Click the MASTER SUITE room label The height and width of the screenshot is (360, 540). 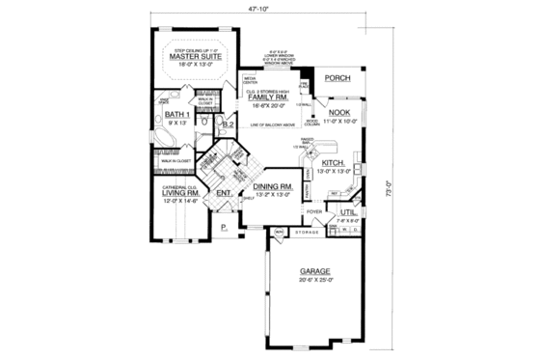(x=197, y=57)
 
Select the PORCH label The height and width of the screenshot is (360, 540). (x=337, y=78)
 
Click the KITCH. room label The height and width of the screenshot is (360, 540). (x=332, y=164)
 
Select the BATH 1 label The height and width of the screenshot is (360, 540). (x=176, y=116)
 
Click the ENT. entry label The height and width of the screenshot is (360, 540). (x=223, y=193)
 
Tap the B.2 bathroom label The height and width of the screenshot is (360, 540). (x=229, y=125)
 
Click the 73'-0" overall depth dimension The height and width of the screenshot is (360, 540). (x=387, y=185)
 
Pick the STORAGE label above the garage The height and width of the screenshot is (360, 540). (x=307, y=232)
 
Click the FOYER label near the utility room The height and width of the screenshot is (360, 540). (x=314, y=209)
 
